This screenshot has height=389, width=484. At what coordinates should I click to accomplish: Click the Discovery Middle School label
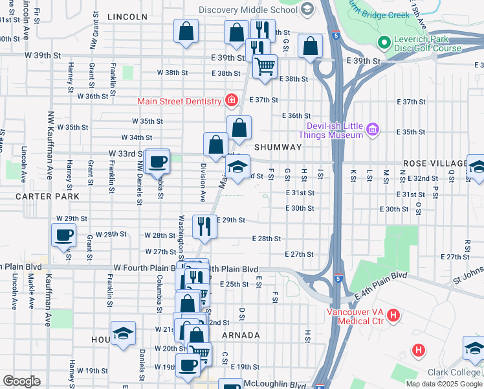[249, 9]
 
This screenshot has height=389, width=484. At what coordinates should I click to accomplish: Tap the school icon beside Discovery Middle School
[307, 9]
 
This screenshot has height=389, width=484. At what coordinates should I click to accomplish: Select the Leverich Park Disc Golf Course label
[428, 44]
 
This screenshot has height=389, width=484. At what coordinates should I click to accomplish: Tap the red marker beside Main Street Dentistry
[230, 100]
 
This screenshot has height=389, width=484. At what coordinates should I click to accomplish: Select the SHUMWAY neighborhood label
[278, 147]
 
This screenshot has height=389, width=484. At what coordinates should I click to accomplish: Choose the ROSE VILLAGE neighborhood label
[434, 163]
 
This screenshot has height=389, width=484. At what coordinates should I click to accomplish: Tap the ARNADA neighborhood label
[241, 335]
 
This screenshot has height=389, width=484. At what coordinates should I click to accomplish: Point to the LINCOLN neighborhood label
[127, 16]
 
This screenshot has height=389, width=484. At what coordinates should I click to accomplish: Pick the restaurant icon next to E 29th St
[205, 226]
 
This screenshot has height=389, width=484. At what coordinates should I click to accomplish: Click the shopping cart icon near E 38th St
[264, 66]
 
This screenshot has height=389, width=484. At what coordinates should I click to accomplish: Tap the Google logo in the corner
[21, 381]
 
